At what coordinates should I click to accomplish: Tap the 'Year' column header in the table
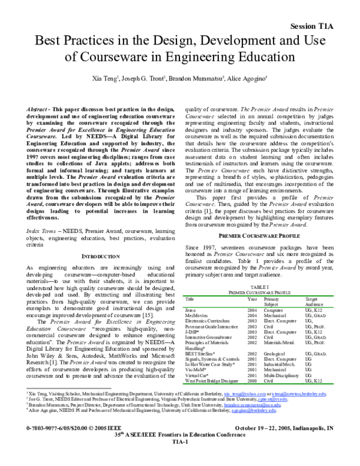coord(253,298)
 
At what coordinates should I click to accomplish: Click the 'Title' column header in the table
coord(190,298)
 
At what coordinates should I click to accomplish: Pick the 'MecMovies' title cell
coord(196,315)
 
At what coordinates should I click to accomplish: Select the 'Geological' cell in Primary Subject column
coord(275,354)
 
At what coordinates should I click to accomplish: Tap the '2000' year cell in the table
coord(253,381)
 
